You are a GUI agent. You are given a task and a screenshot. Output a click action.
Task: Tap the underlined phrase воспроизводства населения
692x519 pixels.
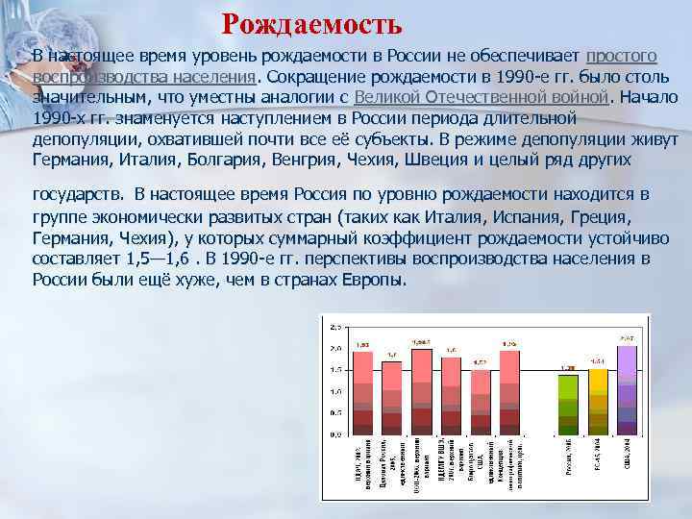pos(144,77)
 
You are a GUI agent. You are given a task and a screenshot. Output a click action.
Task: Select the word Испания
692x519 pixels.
pos(541,218)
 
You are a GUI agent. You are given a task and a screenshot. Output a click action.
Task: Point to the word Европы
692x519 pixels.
pos(379,280)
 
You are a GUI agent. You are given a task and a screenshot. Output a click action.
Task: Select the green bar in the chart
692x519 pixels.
pos(567,404)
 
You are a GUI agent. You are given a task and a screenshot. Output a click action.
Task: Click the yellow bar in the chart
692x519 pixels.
pos(598,402)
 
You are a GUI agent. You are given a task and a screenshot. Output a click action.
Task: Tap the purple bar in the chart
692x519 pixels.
pos(627,389)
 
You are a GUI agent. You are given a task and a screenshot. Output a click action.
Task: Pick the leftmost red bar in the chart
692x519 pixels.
pos(362,392)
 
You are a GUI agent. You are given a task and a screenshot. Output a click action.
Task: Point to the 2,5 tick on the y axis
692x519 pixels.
pos(335,326)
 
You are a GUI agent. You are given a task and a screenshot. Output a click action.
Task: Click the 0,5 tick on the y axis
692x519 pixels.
pos(335,414)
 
